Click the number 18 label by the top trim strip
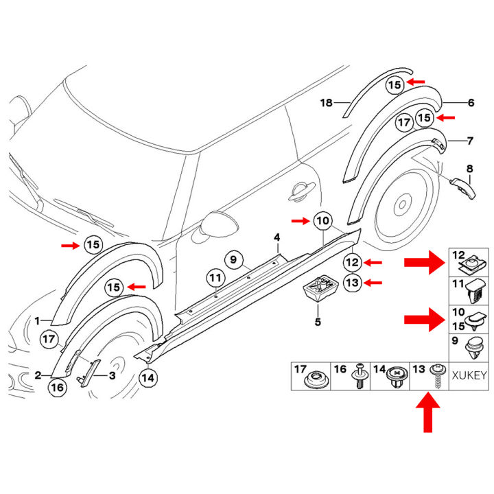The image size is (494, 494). click(327, 103)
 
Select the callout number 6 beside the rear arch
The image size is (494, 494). click(471, 103)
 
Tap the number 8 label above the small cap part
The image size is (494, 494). click(469, 168)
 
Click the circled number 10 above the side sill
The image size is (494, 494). click(322, 221)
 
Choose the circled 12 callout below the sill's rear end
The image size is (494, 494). click(351, 262)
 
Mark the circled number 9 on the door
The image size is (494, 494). click(233, 260)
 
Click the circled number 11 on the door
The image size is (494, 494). click(215, 278)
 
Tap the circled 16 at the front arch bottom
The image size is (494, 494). click(58, 387)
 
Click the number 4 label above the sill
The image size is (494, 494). click(277, 238)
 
